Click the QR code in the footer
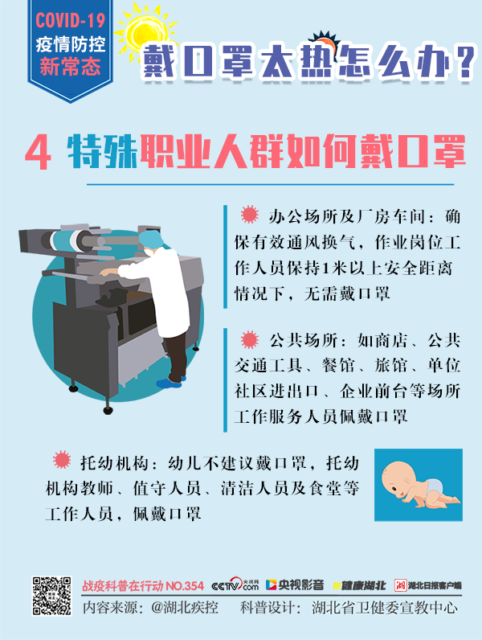click(51, 596)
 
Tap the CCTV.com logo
click(235, 585)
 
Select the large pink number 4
click(39, 153)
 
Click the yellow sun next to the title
click(145, 32)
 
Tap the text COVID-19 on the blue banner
click(70, 20)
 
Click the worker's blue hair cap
click(150, 240)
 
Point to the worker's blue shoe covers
click(171, 383)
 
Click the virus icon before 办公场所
click(250, 215)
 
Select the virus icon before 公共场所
click(250, 339)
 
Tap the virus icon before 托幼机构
click(62, 460)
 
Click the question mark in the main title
click(465, 62)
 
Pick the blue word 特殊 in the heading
click(102, 151)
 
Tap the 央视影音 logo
click(295, 585)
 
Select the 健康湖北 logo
click(359, 585)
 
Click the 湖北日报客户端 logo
click(427, 585)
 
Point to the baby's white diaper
click(434, 486)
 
